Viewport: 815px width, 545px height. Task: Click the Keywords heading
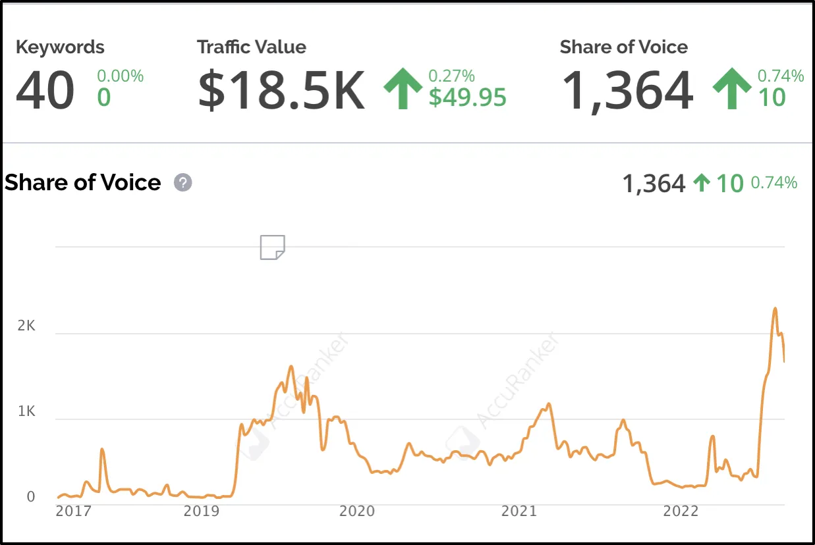60,47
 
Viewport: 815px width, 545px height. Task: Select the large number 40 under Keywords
45,91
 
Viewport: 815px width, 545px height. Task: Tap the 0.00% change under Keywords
121,76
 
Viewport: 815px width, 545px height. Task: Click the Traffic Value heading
251,47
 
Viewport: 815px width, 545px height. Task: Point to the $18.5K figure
281,91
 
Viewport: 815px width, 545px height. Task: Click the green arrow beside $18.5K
403,90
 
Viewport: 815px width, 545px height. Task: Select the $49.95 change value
468,97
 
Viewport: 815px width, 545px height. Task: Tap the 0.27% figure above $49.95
451,76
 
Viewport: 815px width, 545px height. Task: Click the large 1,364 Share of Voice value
627,91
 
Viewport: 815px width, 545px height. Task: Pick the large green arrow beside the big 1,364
731,90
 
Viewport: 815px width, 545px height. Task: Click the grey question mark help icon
183,182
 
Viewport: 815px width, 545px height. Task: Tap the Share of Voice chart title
83,182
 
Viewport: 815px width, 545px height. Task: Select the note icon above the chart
272,247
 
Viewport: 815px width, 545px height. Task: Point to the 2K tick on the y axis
26,326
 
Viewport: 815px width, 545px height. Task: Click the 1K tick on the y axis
26,412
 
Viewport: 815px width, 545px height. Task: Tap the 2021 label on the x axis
519,511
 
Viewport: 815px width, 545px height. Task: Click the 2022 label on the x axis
681,511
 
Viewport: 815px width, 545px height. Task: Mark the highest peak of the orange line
775,308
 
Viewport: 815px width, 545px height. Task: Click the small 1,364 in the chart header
654,184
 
